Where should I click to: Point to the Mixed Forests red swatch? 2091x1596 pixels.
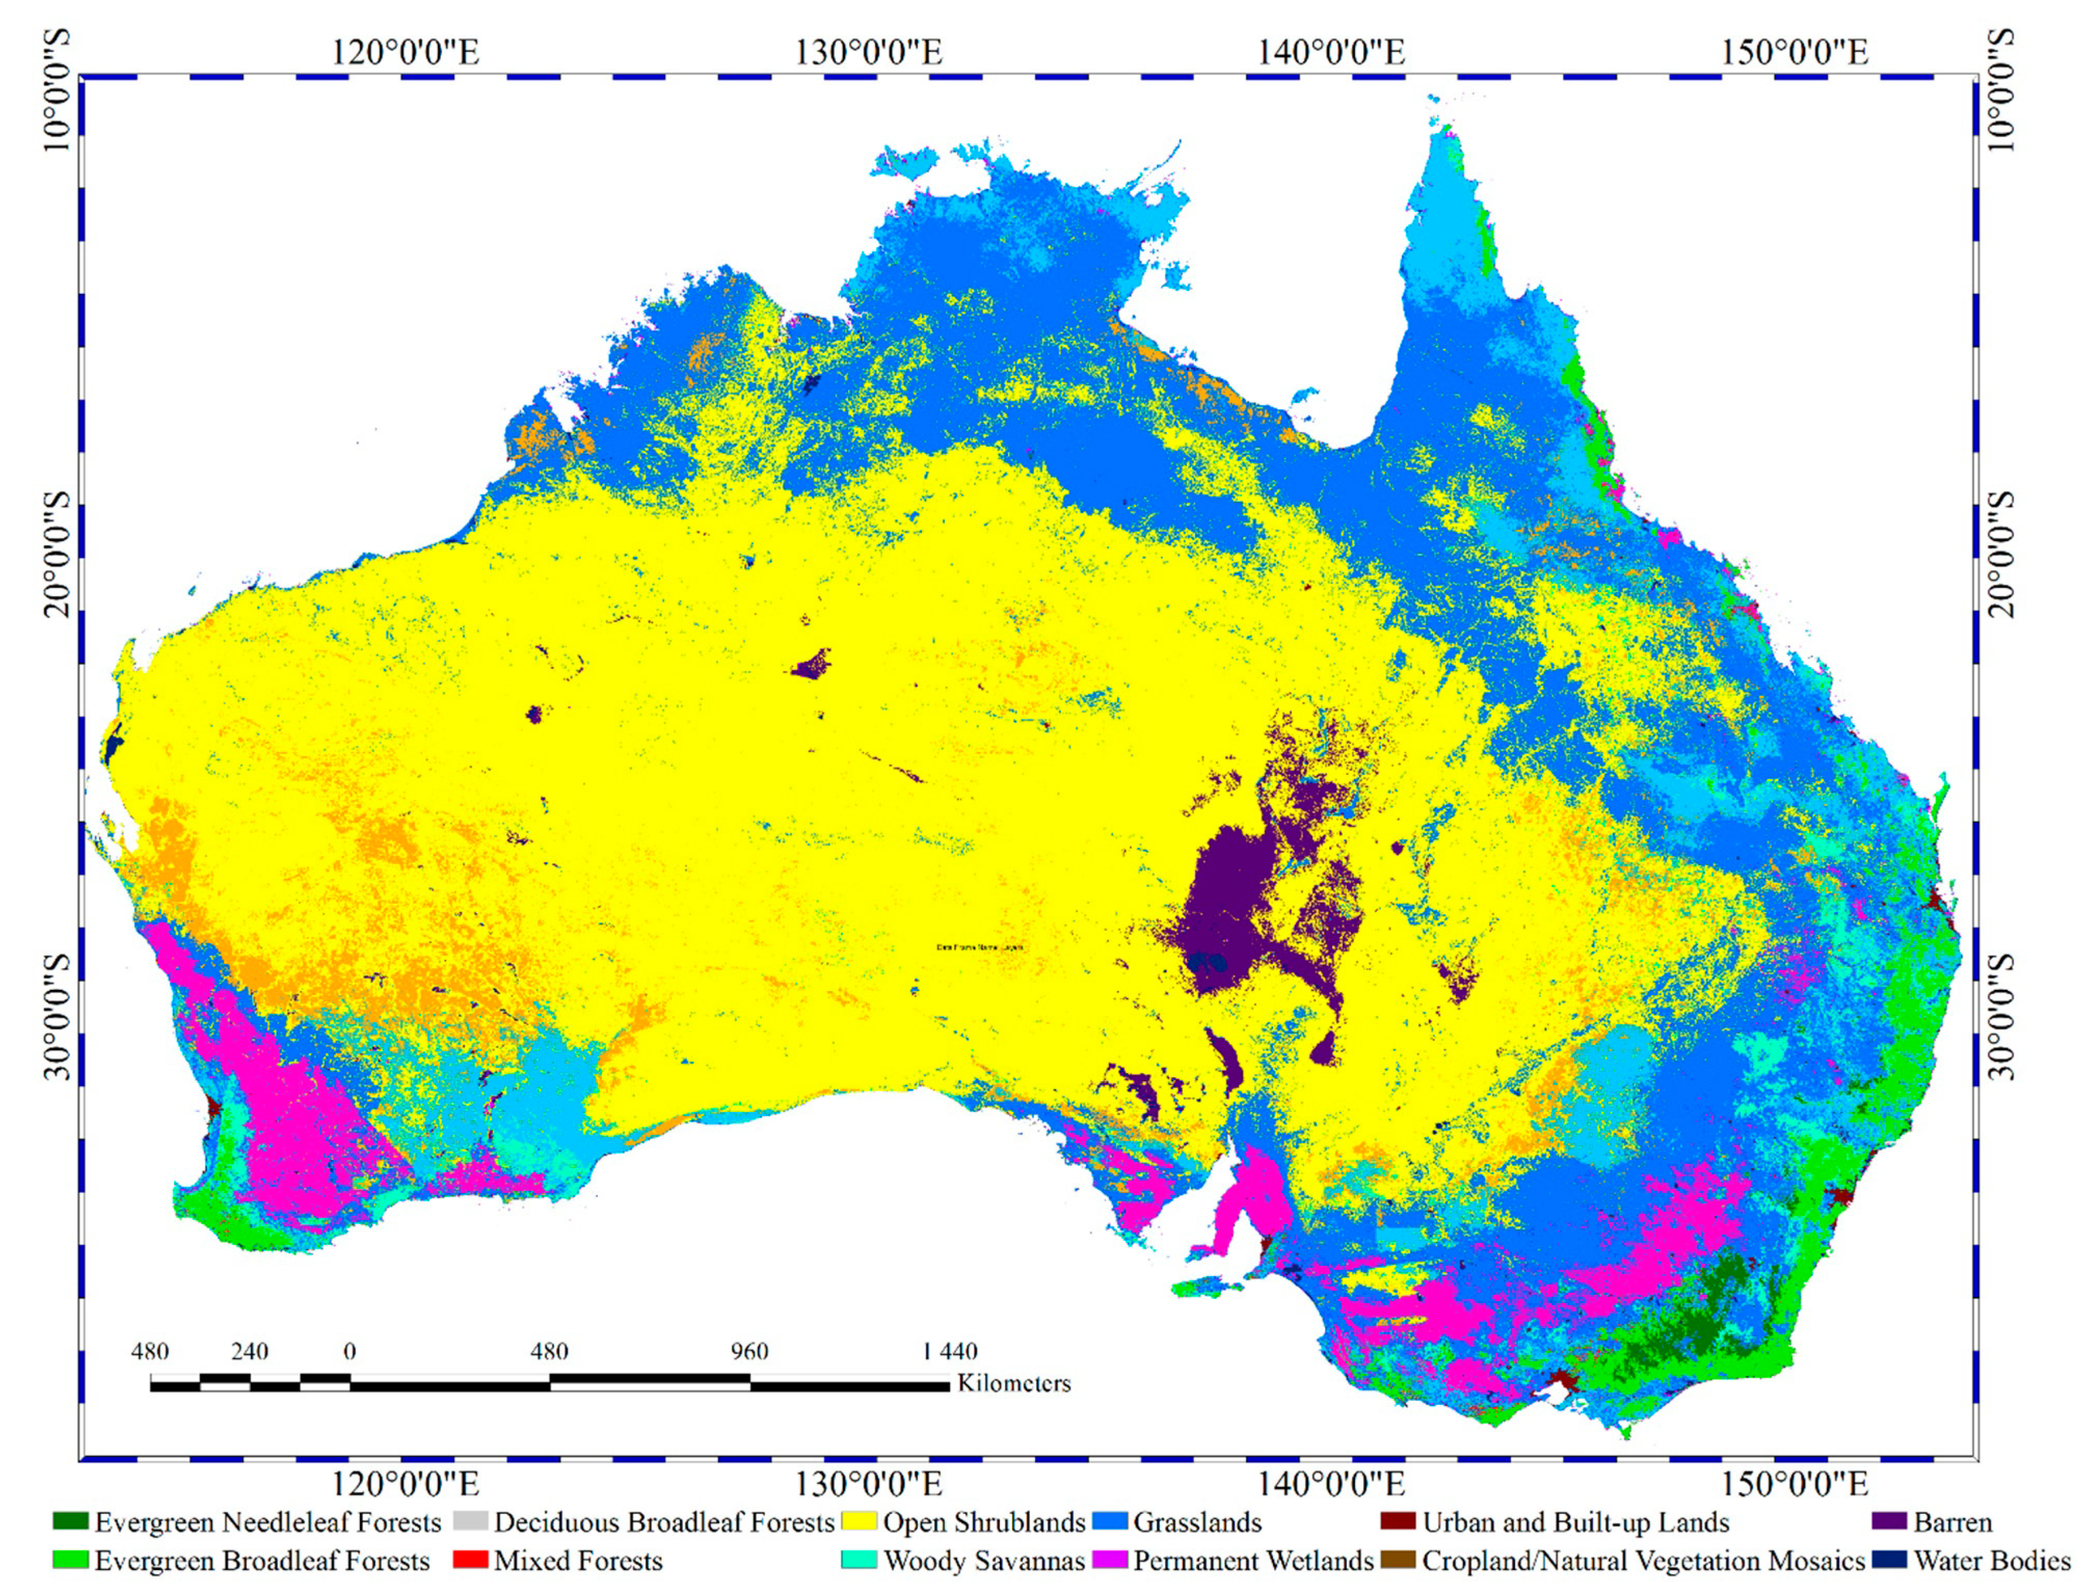[471, 1561]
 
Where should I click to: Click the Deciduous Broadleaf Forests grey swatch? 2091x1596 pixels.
[471, 1522]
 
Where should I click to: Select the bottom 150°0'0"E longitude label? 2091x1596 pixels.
[1794, 1483]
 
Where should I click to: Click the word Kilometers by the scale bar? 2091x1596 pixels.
[1014, 1383]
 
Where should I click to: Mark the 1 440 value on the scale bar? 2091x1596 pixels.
[949, 1351]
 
